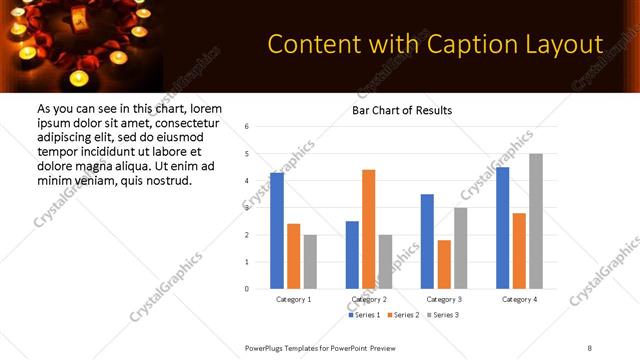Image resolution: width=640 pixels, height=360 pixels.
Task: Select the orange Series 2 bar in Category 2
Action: (x=369, y=229)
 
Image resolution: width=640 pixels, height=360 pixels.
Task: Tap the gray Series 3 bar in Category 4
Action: (x=536, y=221)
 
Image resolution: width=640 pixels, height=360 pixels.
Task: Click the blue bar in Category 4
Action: (x=503, y=227)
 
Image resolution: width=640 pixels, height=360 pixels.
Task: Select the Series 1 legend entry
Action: (x=365, y=315)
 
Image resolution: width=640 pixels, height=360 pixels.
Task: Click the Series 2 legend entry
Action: (x=403, y=315)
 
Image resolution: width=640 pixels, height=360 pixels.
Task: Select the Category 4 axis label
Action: (x=519, y=299)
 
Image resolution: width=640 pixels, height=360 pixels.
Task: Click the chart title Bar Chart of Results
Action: (x=402, y=110)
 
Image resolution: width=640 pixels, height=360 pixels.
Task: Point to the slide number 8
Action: (x=589, y=347)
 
